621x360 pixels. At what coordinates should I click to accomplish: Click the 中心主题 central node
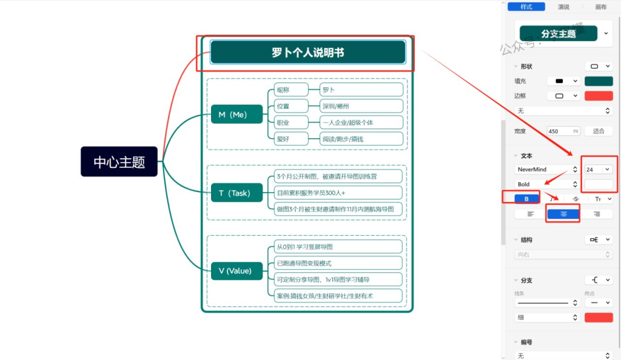click(119, 162)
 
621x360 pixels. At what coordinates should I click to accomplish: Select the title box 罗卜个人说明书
click(307, 53)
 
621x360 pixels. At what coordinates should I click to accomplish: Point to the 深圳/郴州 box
click(361, 106)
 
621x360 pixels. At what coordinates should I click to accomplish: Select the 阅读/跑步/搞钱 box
click(361, 139)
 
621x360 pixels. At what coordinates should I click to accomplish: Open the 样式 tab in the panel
click(526, 7)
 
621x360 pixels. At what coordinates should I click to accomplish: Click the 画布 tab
click(600, 7)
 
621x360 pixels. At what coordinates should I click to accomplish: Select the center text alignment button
click(563, 213)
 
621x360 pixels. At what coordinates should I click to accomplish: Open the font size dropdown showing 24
click(598, 170)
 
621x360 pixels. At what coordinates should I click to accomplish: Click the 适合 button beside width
click(598, 131)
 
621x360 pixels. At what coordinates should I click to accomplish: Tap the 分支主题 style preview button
click(559, 34)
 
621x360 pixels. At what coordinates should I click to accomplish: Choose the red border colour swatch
click(599, 96)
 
